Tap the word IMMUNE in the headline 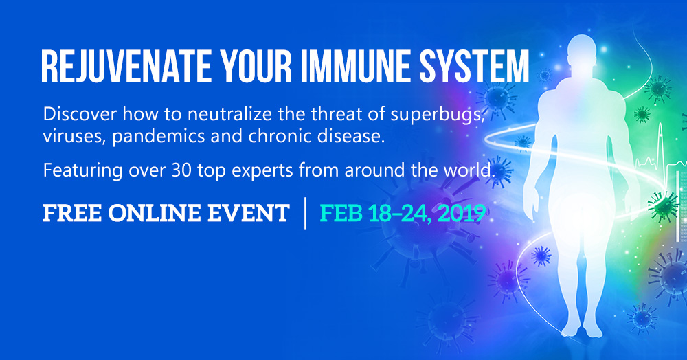(355, 67)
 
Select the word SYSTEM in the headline (474, 67)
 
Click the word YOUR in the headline (256, 67)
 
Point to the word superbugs (438, 115)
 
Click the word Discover (80, 114)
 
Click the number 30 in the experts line (181, 170)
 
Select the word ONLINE (155, 213)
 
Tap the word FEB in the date (341, 213)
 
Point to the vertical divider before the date (305, 213)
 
